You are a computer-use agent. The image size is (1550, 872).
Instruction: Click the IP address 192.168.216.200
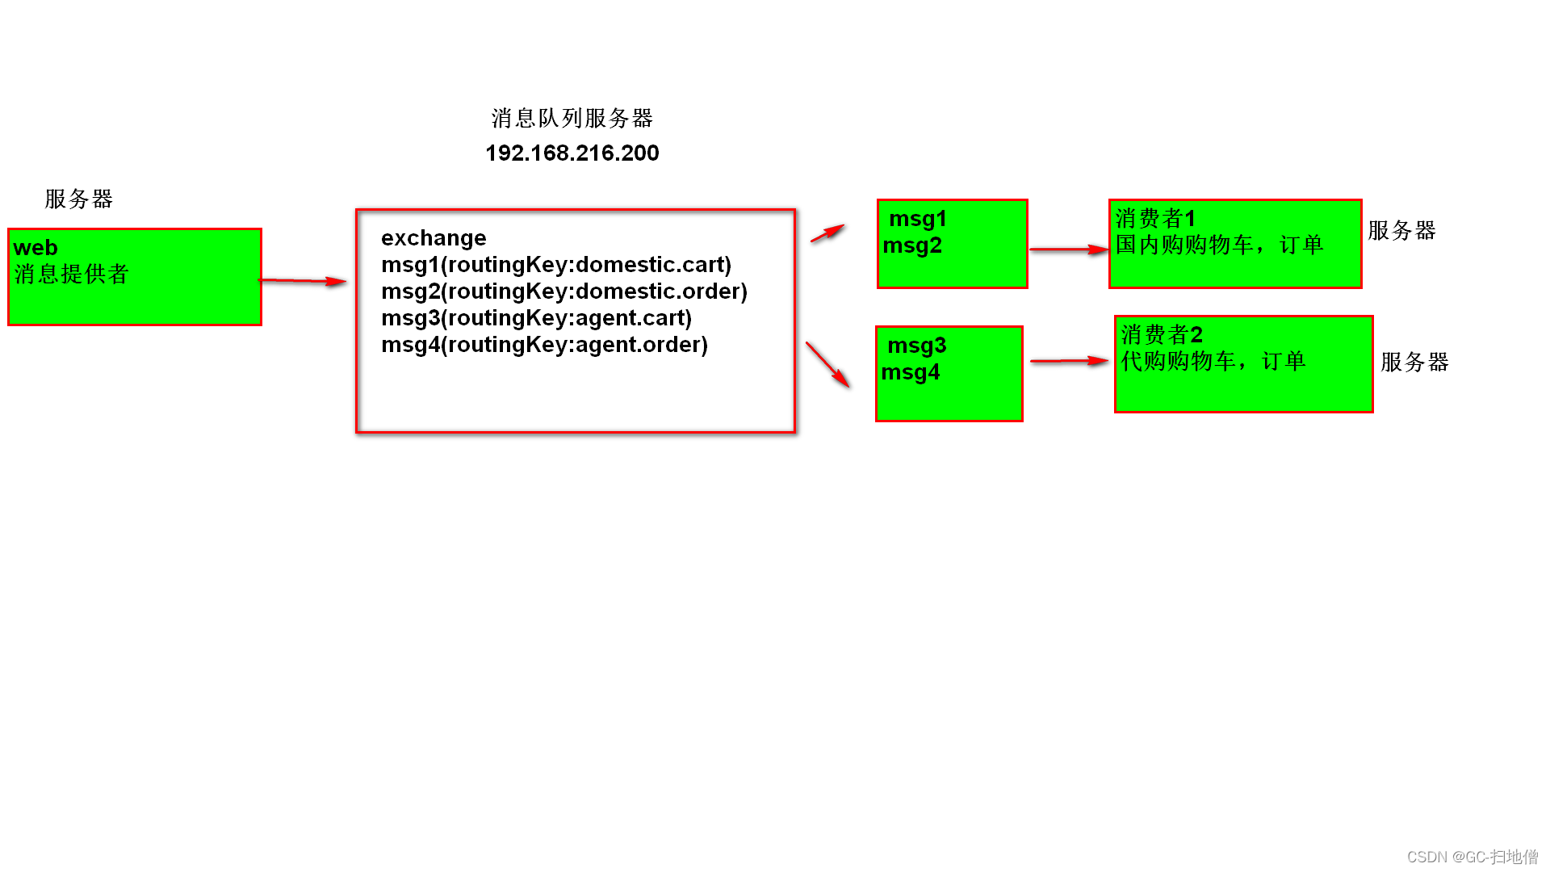click(x=572, y=153)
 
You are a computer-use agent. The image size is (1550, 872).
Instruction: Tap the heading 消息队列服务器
click(x=572, y=119)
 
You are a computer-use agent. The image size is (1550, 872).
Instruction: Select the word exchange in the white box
click(x=434, y=238)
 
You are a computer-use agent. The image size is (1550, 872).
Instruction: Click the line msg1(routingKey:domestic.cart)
click(x=556, y=265)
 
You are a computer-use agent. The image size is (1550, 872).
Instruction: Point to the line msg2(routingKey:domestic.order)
click(x=564, y=291)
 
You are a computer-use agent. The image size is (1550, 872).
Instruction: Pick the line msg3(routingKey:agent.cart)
click(x=536, y=318)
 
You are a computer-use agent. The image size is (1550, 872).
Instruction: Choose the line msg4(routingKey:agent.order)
click(x=544, y=345)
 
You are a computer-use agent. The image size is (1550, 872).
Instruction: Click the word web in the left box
click(x=36, y=248)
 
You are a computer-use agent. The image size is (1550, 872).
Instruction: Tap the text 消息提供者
click(x=71, y=275)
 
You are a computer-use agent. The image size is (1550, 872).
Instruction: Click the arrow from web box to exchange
click(x=303, y=281)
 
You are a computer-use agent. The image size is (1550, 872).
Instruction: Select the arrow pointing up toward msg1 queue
click(x=827, y=233)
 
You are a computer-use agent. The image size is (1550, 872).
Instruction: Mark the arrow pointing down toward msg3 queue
click(x=827, y=364)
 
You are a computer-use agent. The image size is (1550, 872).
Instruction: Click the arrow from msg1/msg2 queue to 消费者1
click(x=1068, y=249)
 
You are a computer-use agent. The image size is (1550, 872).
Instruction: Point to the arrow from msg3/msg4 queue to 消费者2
click(x=1069, y=361)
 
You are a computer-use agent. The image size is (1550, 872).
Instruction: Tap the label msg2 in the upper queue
click(x=912, y=245)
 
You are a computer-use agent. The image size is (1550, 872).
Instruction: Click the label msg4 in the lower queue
click(x=911, y=372)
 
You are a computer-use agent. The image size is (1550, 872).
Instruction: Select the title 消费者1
click(x=1155, y=218)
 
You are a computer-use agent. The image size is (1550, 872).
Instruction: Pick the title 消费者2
click(x=1162, y=334)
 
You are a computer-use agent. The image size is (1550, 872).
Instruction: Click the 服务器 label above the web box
click(x=78, y=199)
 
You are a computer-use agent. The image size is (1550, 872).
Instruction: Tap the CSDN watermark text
click(x=1472, y=857)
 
